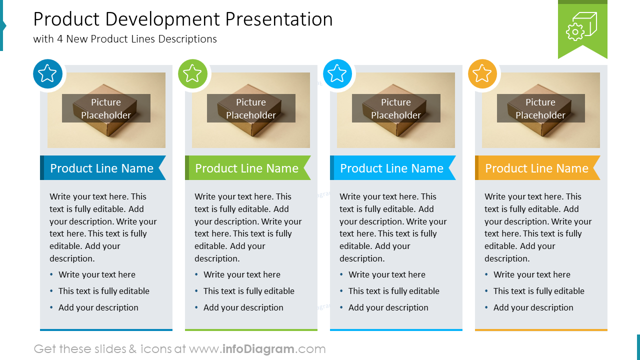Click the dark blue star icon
click(x=47, y=73)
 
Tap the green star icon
click(x=192, y=73)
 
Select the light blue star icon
click(x=337, y=73)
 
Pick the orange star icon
click(x=482, y=73)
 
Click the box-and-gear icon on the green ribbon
click(x=582, y=26)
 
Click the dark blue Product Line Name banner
click(x=102, y=168)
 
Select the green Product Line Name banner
click(x=247, y=168)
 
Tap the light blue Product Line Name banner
click(x=392, y=168)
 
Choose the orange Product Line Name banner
click(x=537, y=168)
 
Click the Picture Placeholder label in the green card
click(x=251, y=108)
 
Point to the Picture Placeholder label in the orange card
click(x=540, y=108)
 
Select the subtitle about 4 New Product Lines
click(x=125, y=39)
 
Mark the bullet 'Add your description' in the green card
click(x=243, y=307)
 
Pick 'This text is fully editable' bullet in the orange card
click(x=538, y=291)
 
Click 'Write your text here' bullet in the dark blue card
click(x=96, y=274)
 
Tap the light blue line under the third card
click(x=396, y=330)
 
